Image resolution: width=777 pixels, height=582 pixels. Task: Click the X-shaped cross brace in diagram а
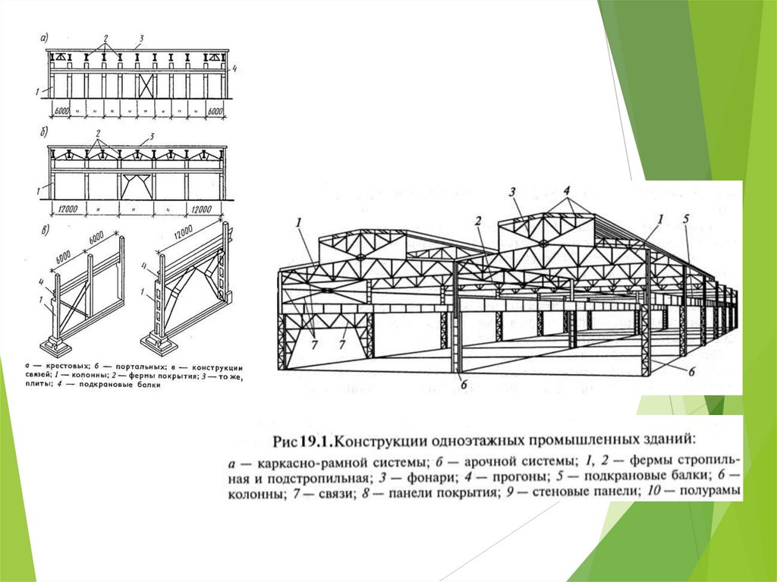click(146, 86)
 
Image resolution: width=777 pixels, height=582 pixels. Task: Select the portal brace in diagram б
click(137, 185)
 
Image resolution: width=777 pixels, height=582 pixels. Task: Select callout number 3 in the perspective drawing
click(512, 191)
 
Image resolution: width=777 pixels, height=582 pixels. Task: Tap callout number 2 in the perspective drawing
click(478, 221)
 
